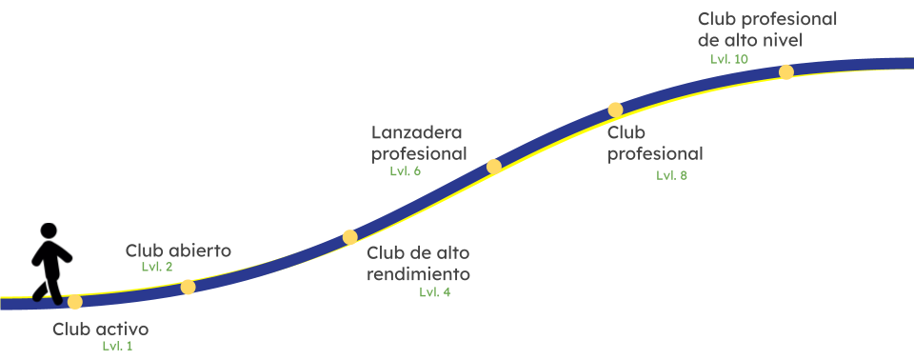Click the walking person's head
49,231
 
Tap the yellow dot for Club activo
74,302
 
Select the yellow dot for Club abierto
189,287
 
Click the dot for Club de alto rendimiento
350,237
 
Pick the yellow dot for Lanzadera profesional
493,167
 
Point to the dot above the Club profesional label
615,110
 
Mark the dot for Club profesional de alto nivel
786,71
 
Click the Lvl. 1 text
118,346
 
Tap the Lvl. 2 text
157,267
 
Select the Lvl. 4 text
435,292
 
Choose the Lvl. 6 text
405,170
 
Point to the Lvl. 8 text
671,175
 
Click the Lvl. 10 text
729,59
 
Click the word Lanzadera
420,132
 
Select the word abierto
200,251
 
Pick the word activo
122,330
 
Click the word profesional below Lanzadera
419,153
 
